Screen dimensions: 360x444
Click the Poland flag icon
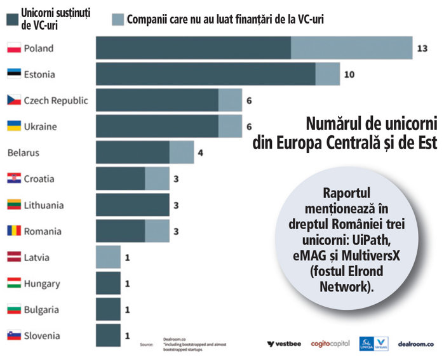click(15, 48)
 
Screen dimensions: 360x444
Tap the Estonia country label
click(39, 74)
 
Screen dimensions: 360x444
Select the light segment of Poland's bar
click(351, 48)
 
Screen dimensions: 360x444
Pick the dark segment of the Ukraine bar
click(157, 126)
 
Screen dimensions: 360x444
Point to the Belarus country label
click(24, 152)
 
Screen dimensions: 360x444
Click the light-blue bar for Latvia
click(108, 257)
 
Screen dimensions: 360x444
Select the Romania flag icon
click(15, 231)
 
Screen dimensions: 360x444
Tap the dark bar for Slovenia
click(108, 335)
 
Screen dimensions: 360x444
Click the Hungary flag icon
click(15, 283)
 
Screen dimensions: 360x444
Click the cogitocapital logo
click(330, 343)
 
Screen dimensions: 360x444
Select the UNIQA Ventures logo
click(373, 343)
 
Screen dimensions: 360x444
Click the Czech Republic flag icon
click(15, 100)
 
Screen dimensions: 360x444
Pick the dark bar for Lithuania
click(132, 205)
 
